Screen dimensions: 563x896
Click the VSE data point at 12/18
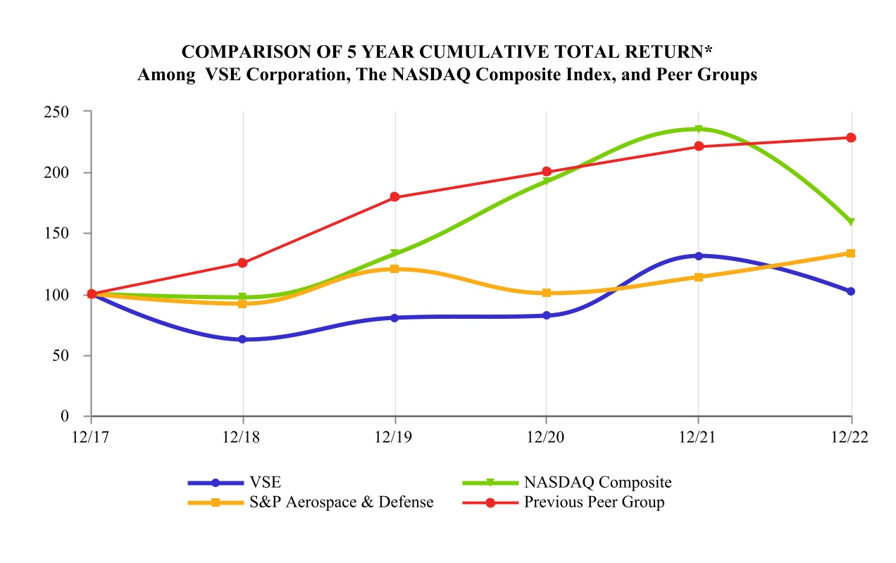243,339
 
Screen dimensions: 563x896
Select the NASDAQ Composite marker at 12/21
698,129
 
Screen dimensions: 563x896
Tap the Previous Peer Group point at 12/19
395,197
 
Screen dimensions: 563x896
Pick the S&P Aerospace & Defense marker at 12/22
851,253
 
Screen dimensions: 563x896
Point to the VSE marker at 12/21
698,256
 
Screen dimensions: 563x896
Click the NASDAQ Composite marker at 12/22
851,222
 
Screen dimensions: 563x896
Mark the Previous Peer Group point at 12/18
243,263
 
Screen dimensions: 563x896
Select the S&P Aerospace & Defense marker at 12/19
395,269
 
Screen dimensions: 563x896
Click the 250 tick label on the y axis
57,112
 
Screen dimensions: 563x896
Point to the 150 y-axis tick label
57,234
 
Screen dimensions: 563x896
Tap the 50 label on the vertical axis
61,355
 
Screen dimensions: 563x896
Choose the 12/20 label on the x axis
546,437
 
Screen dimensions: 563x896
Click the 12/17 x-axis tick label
90,437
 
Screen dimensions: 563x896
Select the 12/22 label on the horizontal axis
851,437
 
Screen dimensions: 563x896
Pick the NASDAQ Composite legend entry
597,483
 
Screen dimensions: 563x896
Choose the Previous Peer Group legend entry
594,502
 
